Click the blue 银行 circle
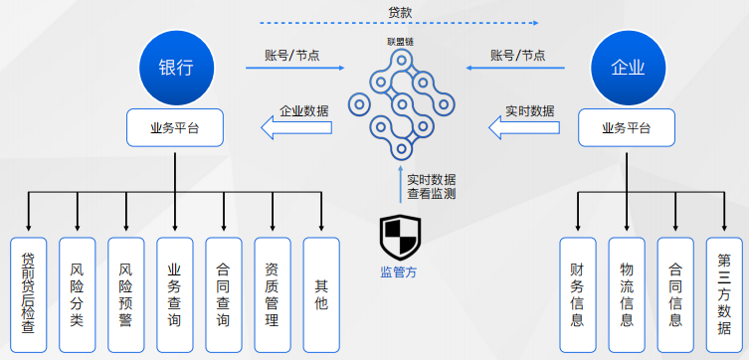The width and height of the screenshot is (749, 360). (175, 67)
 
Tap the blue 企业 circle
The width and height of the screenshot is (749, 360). (627, 67)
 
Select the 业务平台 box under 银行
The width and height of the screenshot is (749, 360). (175, 127)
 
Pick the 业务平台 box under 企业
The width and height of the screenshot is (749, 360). (627, 127)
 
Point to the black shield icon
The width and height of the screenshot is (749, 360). (402, 237)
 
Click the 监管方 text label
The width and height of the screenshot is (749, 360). (399, 273)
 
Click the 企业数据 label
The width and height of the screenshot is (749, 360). (304, 111)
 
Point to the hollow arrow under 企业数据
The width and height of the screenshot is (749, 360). (294, 127)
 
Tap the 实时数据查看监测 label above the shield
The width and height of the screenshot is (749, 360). (432, 186)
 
